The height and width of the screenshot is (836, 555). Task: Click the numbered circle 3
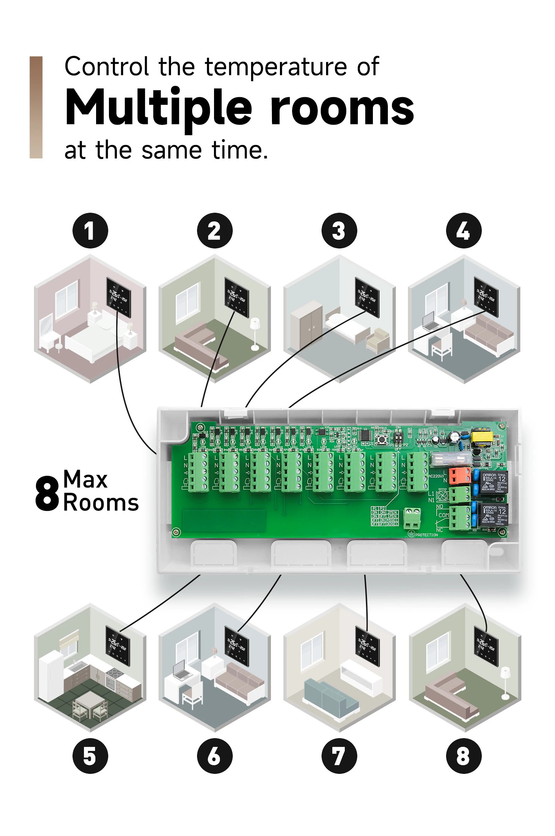[339, 230]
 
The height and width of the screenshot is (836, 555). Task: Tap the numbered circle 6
[214, 756]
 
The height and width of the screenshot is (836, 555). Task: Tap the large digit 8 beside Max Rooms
[47, 493]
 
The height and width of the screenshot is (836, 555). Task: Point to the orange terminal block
[459, 475]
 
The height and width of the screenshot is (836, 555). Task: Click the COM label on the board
[443, 515]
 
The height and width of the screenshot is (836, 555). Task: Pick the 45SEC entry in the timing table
[392, 520]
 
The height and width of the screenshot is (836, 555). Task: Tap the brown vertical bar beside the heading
[36, 107]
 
